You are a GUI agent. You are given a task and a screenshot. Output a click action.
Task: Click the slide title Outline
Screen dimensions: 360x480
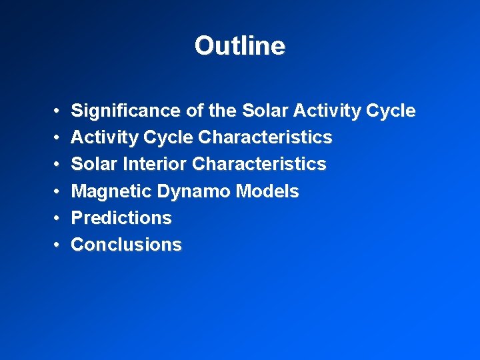click(240, 46)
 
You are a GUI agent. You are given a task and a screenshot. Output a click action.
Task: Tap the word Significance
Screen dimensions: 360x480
click(125, 111)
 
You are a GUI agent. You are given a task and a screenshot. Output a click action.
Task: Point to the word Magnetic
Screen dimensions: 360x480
click(111, 191)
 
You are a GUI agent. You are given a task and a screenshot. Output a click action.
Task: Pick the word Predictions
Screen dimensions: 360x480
click(121, 218)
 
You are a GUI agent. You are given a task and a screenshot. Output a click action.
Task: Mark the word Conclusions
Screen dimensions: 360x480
click(126, 245)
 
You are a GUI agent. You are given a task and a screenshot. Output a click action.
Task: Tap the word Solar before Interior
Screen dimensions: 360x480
click(92, 164)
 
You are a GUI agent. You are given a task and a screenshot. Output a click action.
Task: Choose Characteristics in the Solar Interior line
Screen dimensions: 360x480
click(259, 164)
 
